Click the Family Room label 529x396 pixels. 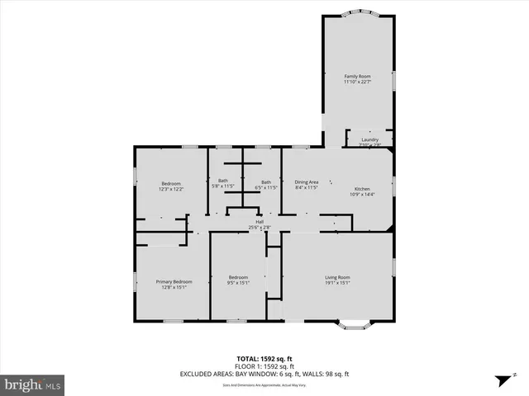[x=357, y=76]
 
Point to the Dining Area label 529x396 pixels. [x=307, y=182]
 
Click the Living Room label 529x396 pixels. [x=337, y=277]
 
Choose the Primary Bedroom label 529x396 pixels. [x=174, y=281]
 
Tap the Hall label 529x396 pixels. [x=260, y=222]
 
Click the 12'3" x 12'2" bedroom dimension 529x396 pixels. [x=170, y=189]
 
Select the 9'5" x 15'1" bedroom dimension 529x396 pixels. [x=238, y=283]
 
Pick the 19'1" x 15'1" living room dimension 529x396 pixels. [x=337, y=283]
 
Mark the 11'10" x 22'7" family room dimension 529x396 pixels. [x=357, y=82]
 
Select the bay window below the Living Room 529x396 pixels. [x=352, y=324]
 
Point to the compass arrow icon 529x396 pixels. [x=500, y=380]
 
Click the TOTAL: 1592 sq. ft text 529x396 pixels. [x=264, y=359]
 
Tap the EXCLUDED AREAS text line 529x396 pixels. [x=264, y=374]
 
